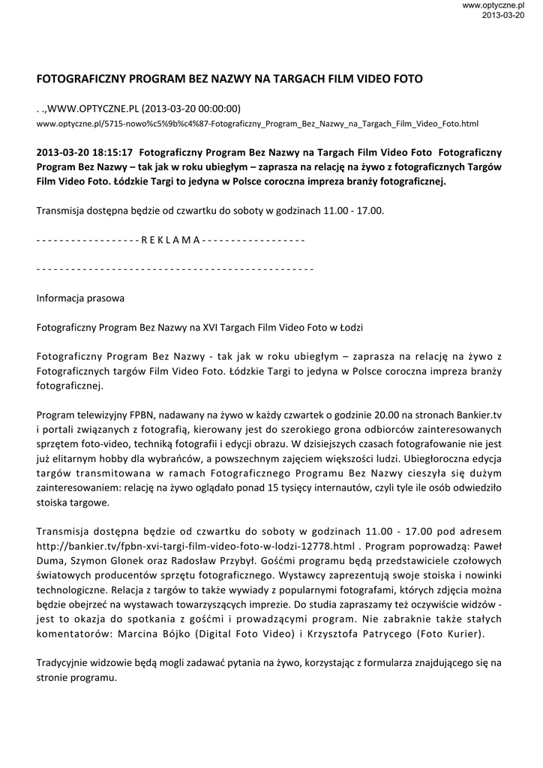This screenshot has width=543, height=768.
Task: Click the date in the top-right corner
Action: (x=503, y=15)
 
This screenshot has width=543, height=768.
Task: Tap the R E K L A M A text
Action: (x=170, y=240)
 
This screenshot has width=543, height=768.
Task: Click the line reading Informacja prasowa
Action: (x=80, y=298)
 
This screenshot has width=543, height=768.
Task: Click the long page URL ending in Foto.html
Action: (x=257, y=123)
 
